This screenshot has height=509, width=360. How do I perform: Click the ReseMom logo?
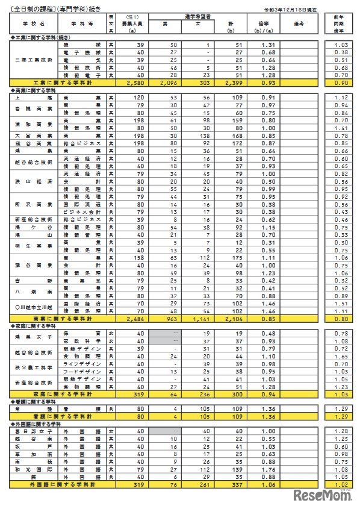[323, 495]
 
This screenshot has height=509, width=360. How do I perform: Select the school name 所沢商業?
[33, 204]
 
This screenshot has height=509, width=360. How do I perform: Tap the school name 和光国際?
[33, 469]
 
